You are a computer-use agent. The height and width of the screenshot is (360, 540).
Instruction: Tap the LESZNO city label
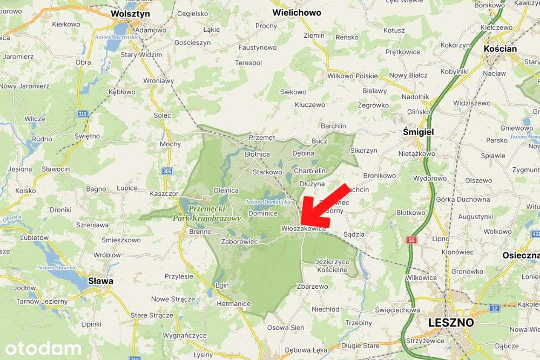pos(450,322)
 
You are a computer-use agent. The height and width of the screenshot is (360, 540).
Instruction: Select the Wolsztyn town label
pos(130,13)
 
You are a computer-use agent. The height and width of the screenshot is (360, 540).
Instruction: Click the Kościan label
pos(500,49)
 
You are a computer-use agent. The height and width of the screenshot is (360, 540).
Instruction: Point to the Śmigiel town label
pos(418,131)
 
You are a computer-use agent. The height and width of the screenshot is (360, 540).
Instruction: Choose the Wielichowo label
pos(296,12)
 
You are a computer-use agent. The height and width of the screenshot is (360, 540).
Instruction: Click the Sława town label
pos(101,281)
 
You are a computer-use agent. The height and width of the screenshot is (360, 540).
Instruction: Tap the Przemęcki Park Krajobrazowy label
pos(207,214)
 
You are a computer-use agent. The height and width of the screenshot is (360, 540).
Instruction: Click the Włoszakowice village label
pos(303,229)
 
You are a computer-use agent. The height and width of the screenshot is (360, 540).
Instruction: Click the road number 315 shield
pos(83,114)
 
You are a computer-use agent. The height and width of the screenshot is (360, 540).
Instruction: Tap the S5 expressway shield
pos(412,239)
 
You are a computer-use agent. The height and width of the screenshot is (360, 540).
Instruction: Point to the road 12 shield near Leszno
pos(494,308)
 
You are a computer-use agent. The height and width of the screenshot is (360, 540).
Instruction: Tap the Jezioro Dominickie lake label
pos(268,202)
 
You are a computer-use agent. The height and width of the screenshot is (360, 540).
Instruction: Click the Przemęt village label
pos(262,138)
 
